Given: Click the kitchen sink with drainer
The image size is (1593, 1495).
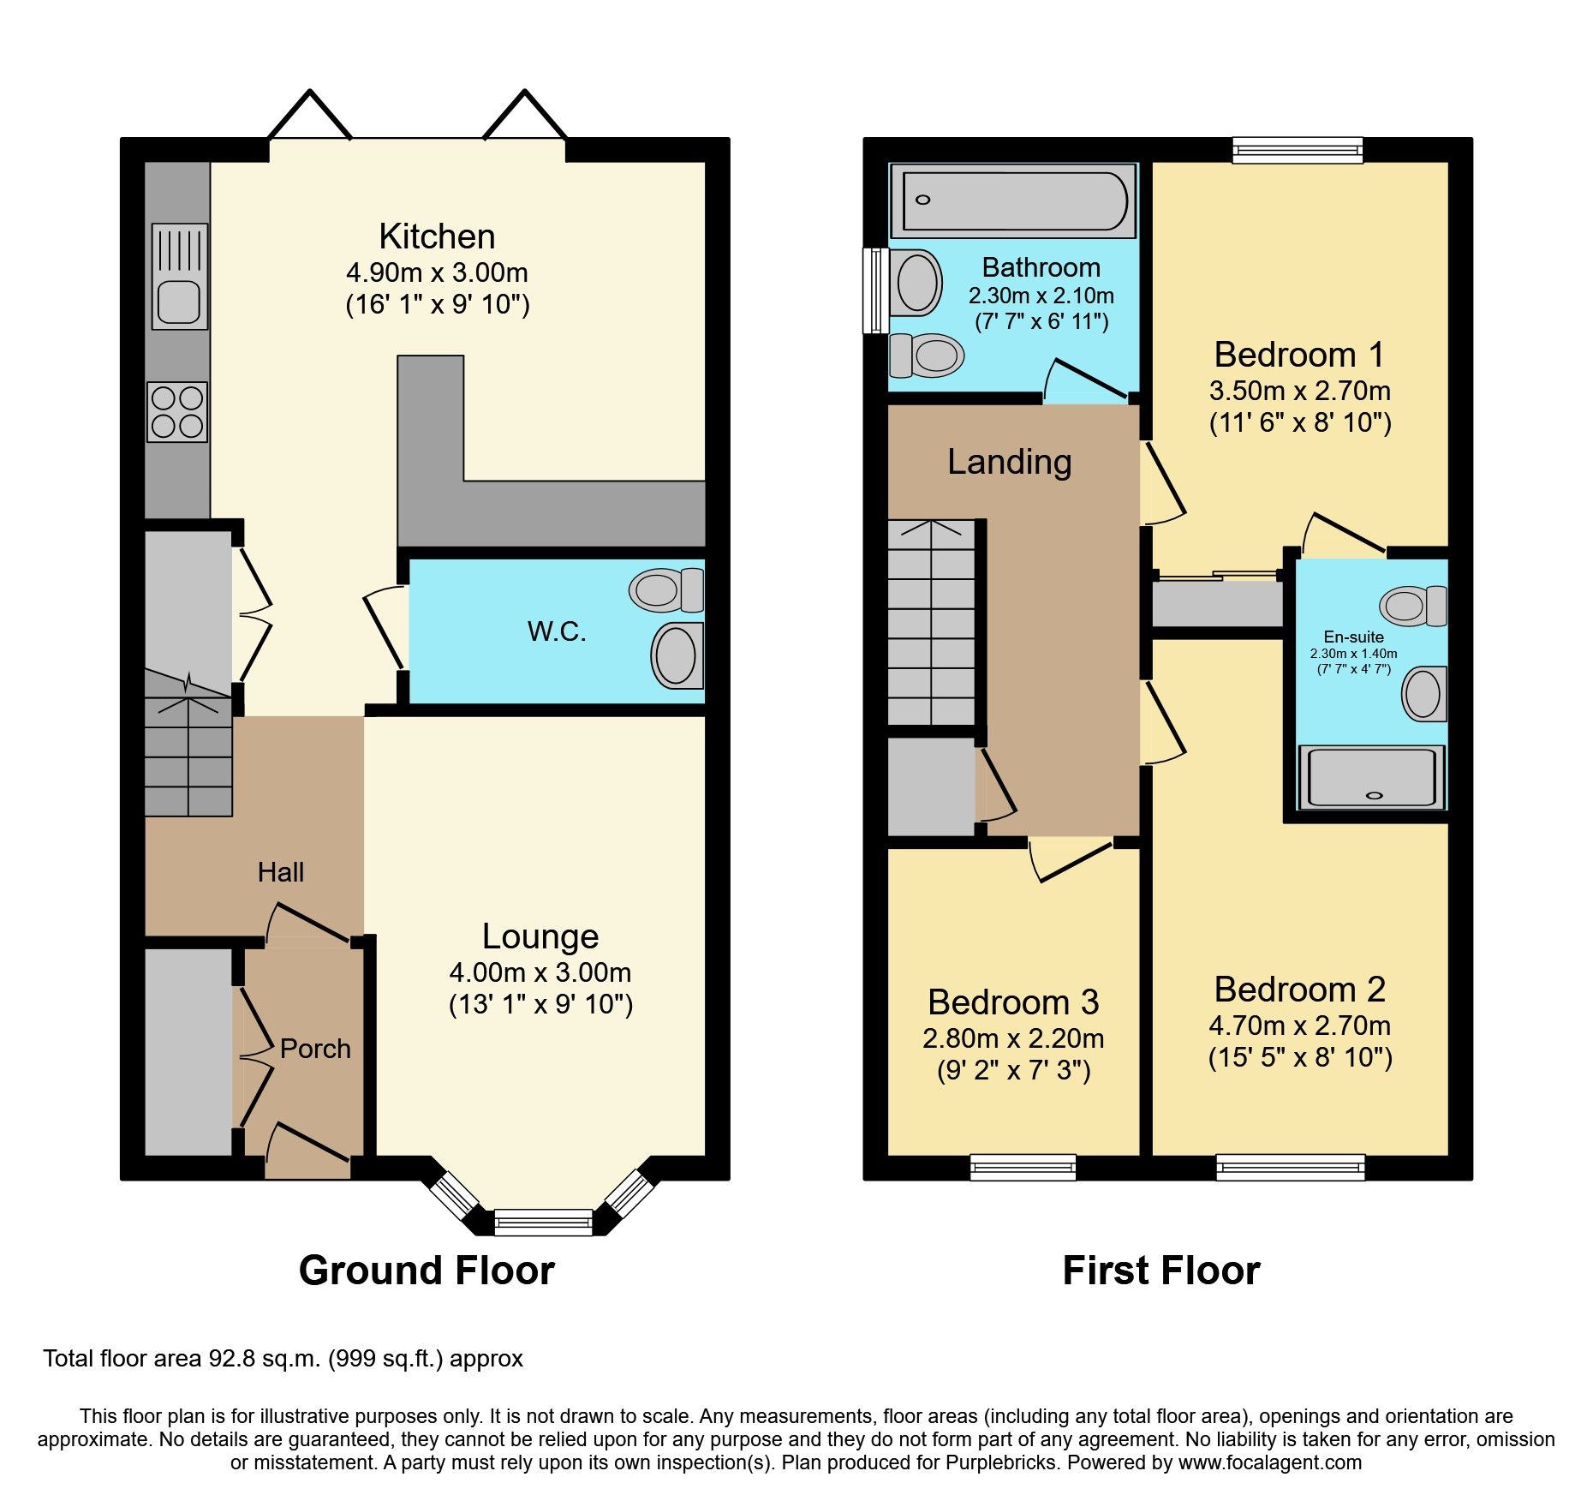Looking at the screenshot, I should [x=180, y=276].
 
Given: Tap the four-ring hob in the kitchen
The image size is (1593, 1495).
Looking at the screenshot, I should [x=177, y=412].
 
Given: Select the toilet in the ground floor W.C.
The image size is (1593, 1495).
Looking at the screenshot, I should [x=666, y=590].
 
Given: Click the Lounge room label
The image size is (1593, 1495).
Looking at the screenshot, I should [x=540, y=936].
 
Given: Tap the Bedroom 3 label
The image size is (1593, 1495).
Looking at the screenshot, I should [x=1012, y=1002].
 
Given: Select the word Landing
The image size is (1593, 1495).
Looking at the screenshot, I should [x=1009, y=463].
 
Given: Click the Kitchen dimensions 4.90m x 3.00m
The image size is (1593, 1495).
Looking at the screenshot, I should [x=437, y=273].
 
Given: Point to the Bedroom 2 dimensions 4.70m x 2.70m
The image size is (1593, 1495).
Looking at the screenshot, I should [x=1299, y=1026].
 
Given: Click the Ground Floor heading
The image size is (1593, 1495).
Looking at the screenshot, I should [x=427, y=1271].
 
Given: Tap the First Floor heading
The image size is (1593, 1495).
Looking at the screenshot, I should [x=1160, y=1271].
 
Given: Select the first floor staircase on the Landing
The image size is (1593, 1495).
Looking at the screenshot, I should [x=931, y=623].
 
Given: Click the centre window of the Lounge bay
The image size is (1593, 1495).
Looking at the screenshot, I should [x=544, y=1221].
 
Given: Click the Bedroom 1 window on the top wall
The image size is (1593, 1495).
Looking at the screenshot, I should [x=1297, y=151].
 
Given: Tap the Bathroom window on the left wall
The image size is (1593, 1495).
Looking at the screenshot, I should [x=874, y=290].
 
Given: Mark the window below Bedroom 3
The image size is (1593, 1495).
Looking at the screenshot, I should [x=1023, y=1167].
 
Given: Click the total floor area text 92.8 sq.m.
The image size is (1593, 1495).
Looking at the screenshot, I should [x=283, y=1359].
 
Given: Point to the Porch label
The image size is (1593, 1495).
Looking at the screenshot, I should [x=315, y=1049].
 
